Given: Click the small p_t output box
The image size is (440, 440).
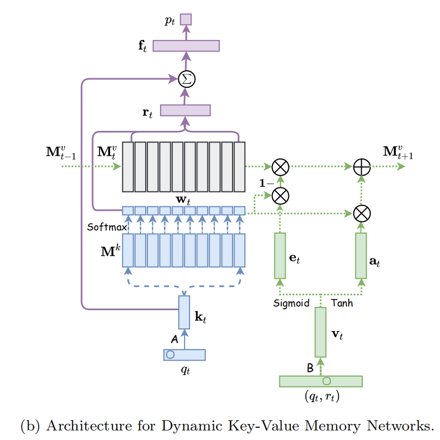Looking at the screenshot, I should [x=186, y=20].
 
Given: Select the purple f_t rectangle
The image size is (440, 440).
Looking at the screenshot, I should [x=186, y=46].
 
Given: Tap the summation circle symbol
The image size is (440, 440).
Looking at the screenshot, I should [x=186, y=79].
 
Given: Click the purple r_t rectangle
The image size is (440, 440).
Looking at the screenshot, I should [x=185, y=110].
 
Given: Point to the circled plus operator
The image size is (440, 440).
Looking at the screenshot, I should [x=362, y=167].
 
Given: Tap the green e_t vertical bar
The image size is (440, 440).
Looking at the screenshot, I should [x=280, y=255].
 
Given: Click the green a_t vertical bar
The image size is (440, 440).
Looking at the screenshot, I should [x=361, y=255].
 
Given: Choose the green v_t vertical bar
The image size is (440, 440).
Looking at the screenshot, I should [x=320, y=332].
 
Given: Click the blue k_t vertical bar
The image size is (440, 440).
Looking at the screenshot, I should [x=184, y=312].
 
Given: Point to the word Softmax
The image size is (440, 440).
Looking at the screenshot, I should [x=107, y=227].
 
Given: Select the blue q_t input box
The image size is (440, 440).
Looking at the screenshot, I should [x=184, y=354].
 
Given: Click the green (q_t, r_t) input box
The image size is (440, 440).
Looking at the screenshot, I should [x=320, y=381].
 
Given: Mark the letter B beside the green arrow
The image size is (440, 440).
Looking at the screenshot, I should [x=310, y=367].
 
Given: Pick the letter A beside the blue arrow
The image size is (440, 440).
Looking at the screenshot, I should [x=174, y=339].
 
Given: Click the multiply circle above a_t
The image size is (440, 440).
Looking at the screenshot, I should [x=362, y=213].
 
